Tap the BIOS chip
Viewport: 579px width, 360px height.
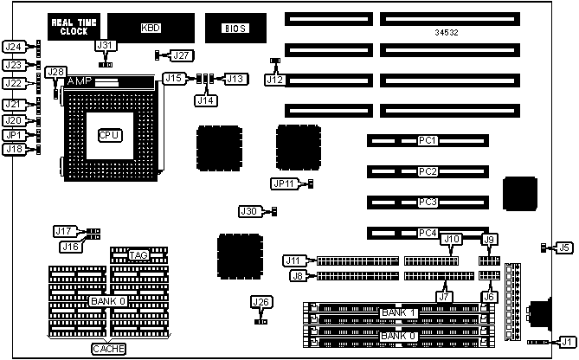pos(227,28)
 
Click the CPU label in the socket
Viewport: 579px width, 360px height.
pos(108,135)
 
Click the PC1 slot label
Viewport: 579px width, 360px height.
pos(428,140)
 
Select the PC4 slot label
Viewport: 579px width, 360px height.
pos(428,233)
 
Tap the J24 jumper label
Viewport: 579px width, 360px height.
pos(13,46)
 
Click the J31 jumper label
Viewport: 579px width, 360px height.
pos(105,45)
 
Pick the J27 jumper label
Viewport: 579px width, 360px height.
pos(181,55)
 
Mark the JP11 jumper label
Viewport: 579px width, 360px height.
pos(284,183)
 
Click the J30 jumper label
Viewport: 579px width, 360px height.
pos(249,211)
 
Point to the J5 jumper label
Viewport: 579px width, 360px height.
pos(563,247)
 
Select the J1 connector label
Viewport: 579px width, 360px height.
pos(567,341)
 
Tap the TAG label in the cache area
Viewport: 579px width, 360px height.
pos(138,255)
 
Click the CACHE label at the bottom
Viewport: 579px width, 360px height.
pos(108,350)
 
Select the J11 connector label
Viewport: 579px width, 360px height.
pos(295,260)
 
